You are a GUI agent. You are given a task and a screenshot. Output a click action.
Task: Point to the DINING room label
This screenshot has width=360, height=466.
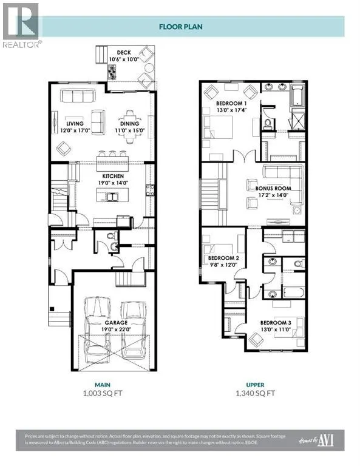tap(128, 126)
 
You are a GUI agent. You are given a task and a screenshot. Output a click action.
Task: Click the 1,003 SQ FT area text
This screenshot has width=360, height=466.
tap(101, 393)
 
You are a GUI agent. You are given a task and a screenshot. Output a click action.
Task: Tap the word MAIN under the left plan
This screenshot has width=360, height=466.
tap(101, 383)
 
